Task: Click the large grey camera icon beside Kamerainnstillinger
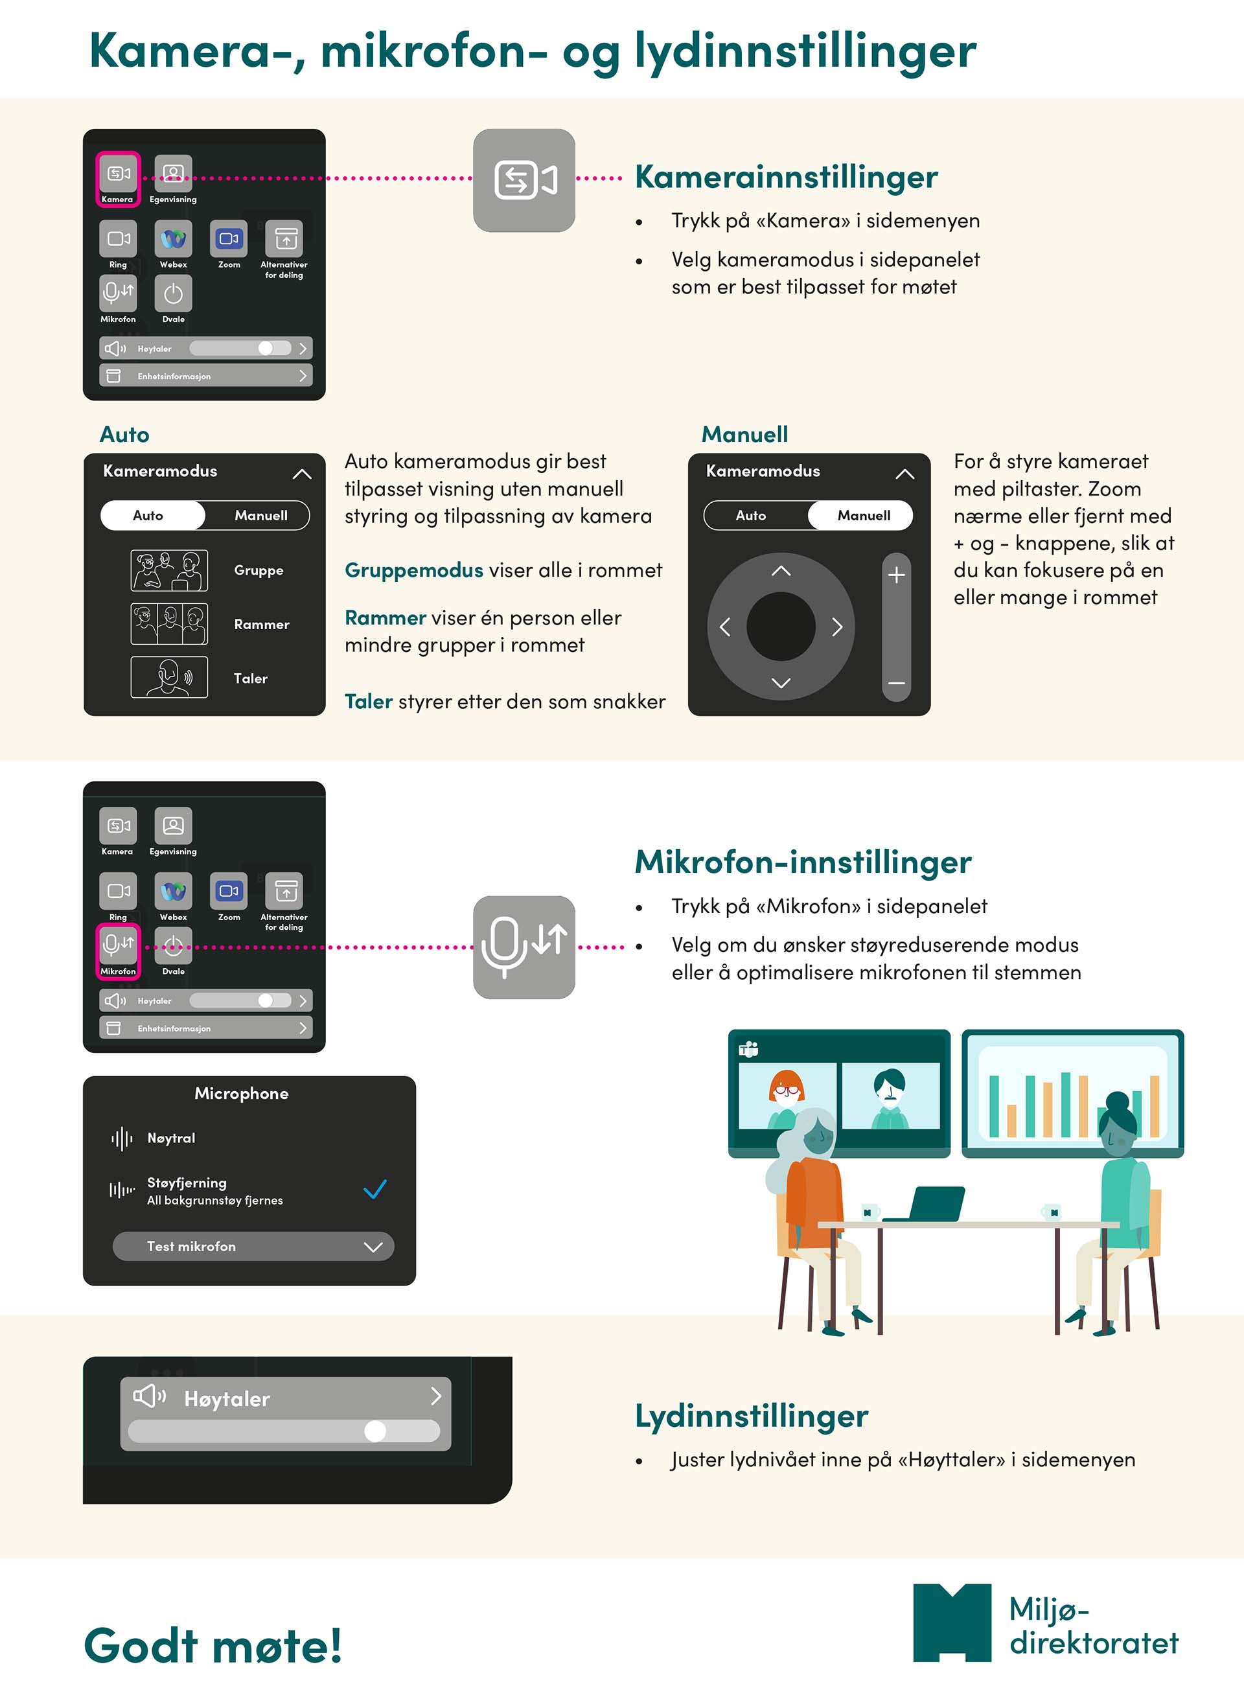(524, 180)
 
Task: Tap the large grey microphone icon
(524, 947)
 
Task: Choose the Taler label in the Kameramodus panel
(251, 678)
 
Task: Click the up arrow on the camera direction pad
(781, 571)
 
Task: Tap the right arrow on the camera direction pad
(836, 627)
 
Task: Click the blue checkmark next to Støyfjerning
(375, 1189)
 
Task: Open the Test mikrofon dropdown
(253, 1246)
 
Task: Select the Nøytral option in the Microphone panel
(171, 1138)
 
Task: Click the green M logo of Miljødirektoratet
(952, 1622)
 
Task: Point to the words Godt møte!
(213, 1645)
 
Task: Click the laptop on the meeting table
(927, 1203)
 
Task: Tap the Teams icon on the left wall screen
(748, 1049)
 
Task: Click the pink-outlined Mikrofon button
(118, 951)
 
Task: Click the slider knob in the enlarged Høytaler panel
(375, 1431)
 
